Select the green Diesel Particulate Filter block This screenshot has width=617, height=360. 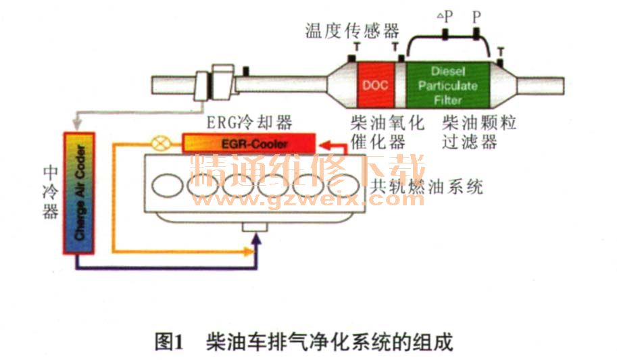(447, 85)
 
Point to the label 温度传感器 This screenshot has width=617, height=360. (352, 30)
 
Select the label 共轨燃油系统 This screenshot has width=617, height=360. (428, 187)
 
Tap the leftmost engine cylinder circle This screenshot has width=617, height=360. (164, 184)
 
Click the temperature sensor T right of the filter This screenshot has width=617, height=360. (500, 52)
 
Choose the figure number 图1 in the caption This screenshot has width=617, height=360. (170, 342)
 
